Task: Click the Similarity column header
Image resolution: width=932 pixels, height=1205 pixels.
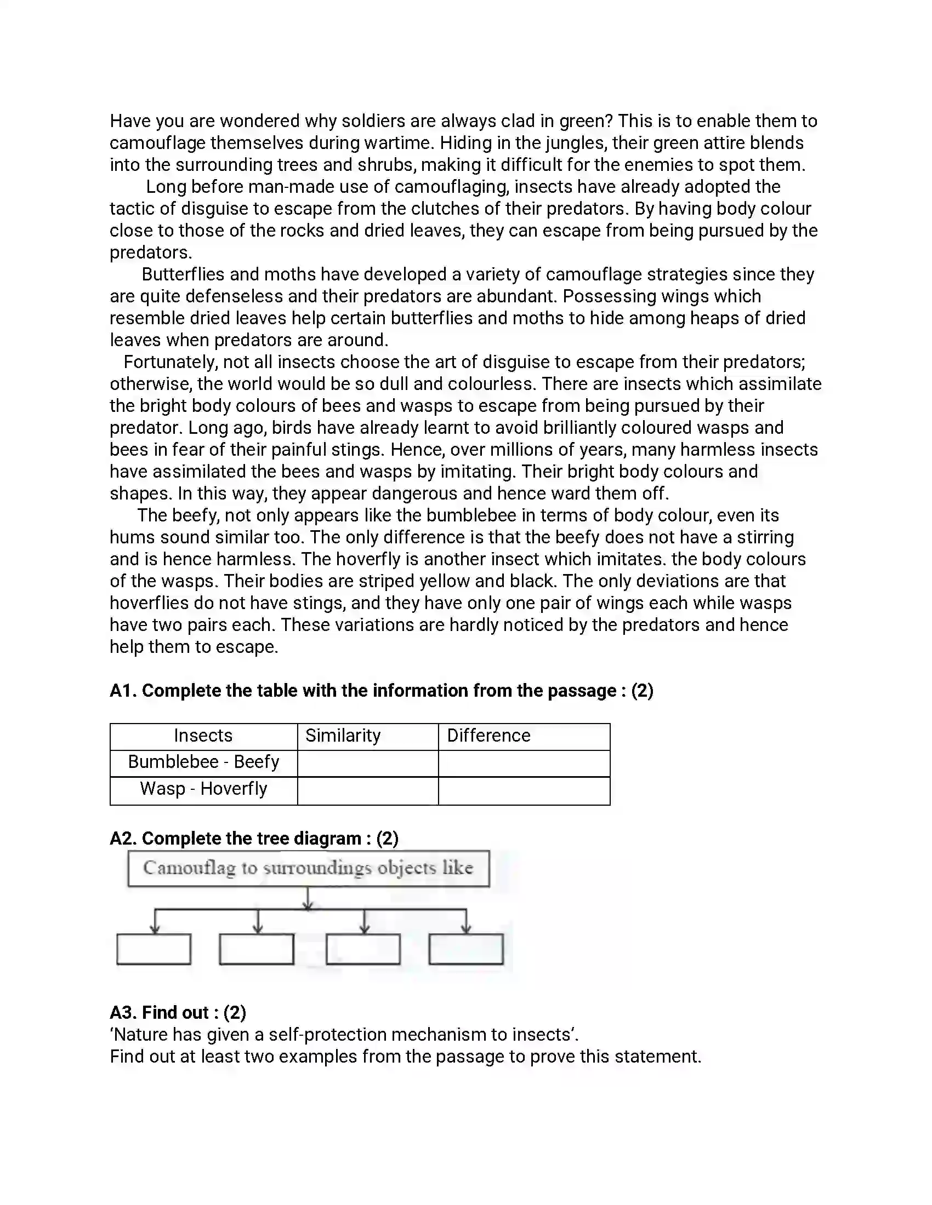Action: [342, 736]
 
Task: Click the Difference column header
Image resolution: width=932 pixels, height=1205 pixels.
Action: [488, 736]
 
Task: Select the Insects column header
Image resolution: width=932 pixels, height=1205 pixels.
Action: [203, 736]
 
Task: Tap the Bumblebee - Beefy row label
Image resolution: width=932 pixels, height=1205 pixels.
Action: [203, 762]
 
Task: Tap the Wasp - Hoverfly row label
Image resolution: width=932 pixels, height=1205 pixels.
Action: [203, 789]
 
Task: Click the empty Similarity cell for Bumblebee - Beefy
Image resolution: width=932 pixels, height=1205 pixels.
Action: [368, 764]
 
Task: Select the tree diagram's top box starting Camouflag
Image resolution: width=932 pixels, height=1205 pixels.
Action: [308, 869]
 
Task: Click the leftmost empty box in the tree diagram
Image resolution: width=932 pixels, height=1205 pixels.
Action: [154, 949]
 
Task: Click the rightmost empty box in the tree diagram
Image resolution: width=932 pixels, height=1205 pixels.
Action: [465, 949]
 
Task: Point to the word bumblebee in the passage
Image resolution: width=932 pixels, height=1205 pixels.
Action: [471, 515]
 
